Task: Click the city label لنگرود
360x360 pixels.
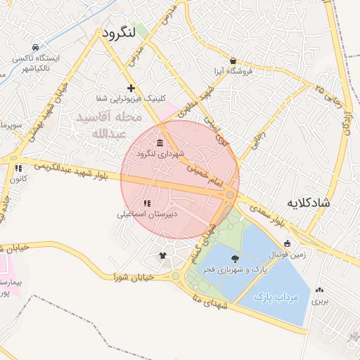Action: pos(118,33)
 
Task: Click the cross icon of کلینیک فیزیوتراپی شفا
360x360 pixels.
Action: pos(131,88)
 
